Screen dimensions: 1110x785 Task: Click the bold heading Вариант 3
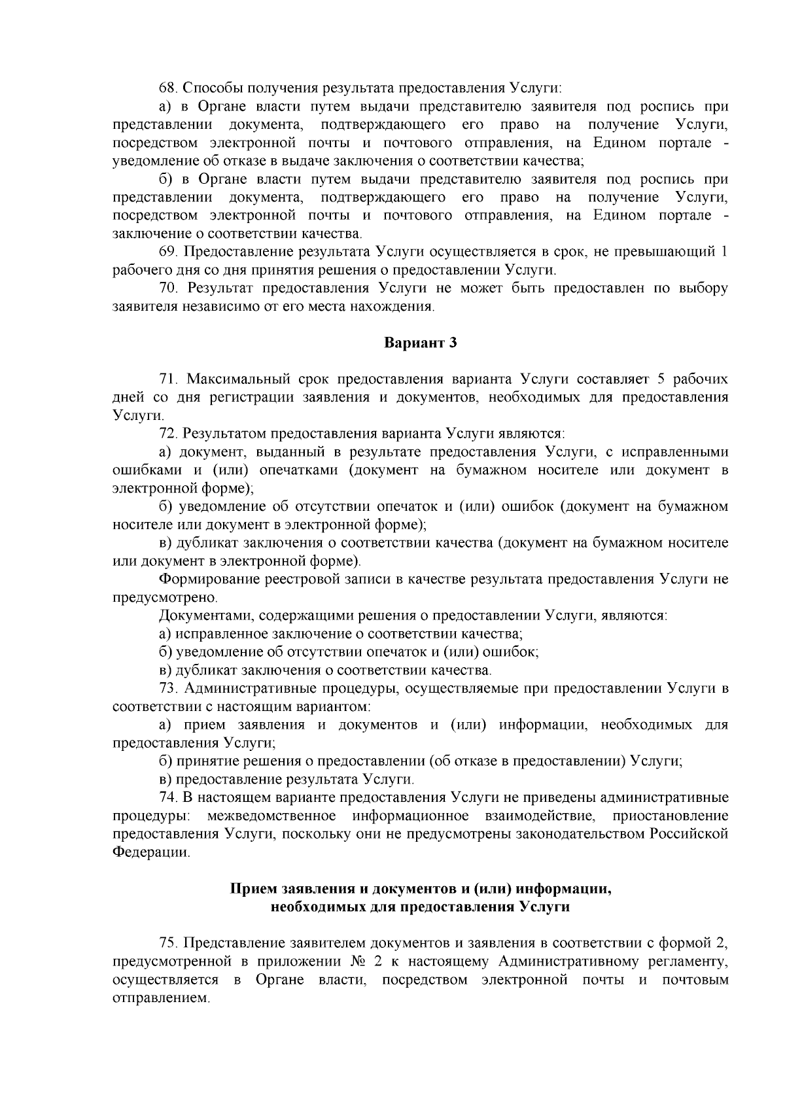click(419, 343)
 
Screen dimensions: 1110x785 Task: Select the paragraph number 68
click(169, 88)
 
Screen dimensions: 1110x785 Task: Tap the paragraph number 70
click(169, 288)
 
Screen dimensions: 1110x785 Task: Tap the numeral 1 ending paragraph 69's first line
click(724, 252)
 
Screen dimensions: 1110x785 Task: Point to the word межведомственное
click(271, 816)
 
